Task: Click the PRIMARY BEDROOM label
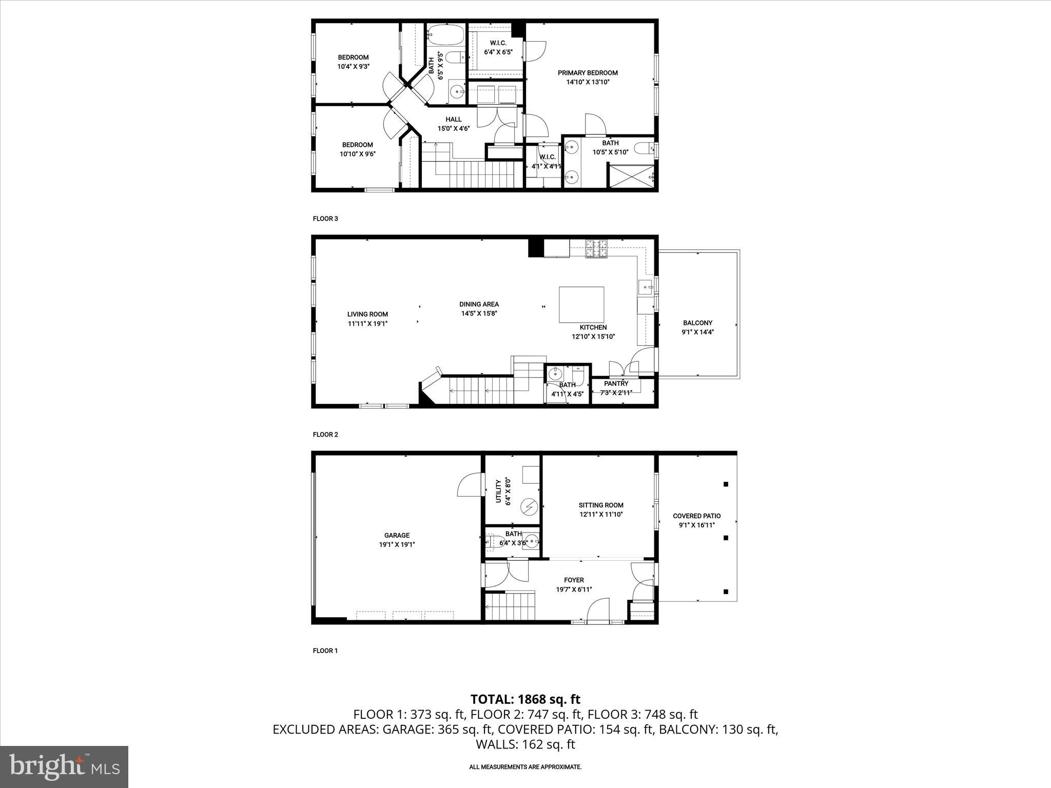[x=588, y=73]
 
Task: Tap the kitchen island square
[x=581, y=304]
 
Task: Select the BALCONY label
[x=697, y=323]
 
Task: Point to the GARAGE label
[x=397, y=535]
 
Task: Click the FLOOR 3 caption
[x=325, y=219]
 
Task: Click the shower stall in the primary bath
[x=631, y=176]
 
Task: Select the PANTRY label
[x=616, y=383]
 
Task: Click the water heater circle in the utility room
[x=529, y=507]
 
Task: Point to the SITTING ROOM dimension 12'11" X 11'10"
[x=600, y=514]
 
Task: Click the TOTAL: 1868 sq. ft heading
[x=525, y=699]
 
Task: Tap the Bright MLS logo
[x=64, y=766]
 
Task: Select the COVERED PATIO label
[x=696, y=516]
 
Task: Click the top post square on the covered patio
[x=726, y=484]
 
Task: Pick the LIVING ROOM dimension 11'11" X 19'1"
[x=367, y=324]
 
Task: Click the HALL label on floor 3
[x=453, y=120]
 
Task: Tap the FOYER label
[x=573, y=580]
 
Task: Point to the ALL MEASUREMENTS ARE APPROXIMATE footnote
[x=525, y=767]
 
